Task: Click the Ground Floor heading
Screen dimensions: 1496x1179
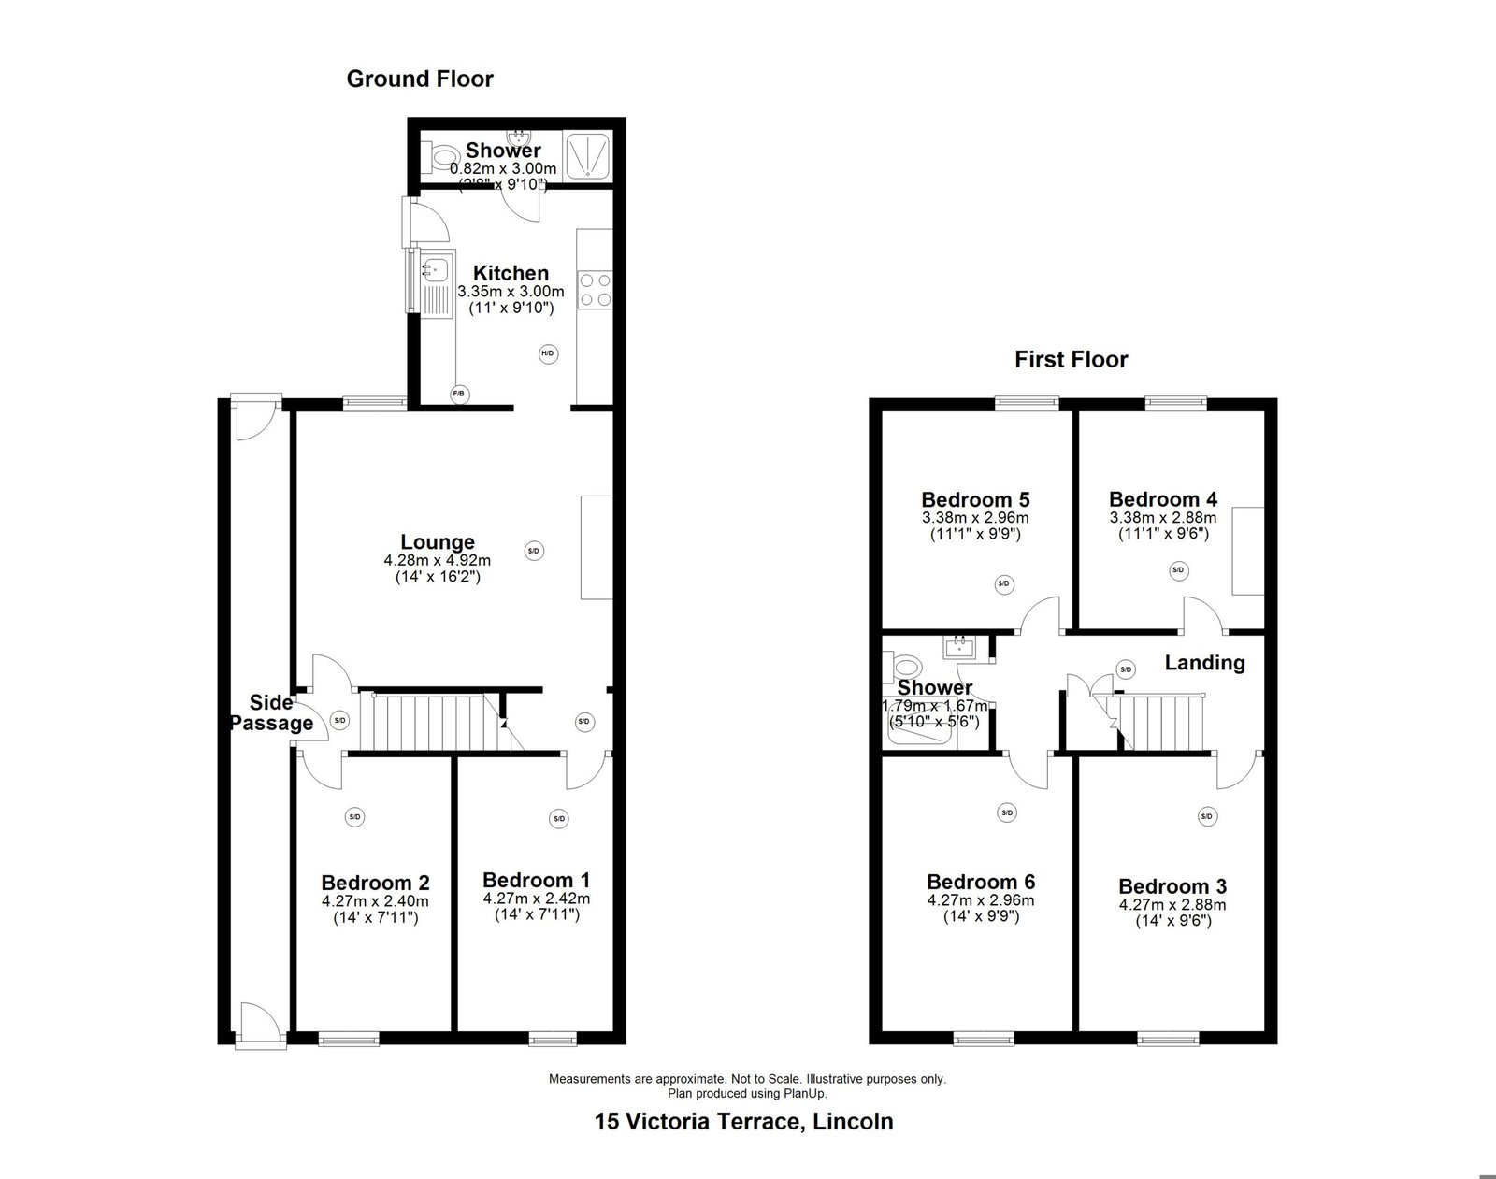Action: (x=420, y=79)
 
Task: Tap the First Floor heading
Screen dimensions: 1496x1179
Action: (x=1072, y=359)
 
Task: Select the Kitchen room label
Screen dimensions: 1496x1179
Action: (x=511, y=272)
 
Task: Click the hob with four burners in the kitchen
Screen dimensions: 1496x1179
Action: (x=596, y=290)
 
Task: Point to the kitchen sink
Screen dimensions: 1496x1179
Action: (x=436, y=267)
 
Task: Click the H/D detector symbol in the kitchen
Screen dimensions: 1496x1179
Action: (x=548, y=353)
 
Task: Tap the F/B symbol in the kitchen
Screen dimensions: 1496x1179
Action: (x=459, y=395)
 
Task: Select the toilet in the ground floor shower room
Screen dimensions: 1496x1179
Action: (x=435, y=158)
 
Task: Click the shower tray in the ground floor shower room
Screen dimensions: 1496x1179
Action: (x=589, y=155)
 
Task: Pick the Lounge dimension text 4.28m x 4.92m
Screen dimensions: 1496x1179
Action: (x=438, y=560)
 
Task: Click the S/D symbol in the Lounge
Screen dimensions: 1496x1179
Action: (x=534, y=552)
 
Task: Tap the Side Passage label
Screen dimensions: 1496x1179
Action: (x=272, y=712)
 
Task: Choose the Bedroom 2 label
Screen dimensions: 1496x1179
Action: (x=375, y=883)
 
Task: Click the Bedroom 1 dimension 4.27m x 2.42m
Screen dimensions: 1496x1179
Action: (x=537, y=899)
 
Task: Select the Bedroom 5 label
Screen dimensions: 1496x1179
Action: (x=975, y=499)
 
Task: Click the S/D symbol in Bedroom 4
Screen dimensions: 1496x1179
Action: (x=1177, y=570)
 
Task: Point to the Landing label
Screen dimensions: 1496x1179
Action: (x=1204, y=663)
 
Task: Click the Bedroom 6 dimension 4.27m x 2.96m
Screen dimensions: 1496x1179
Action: (x=981, y=900)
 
